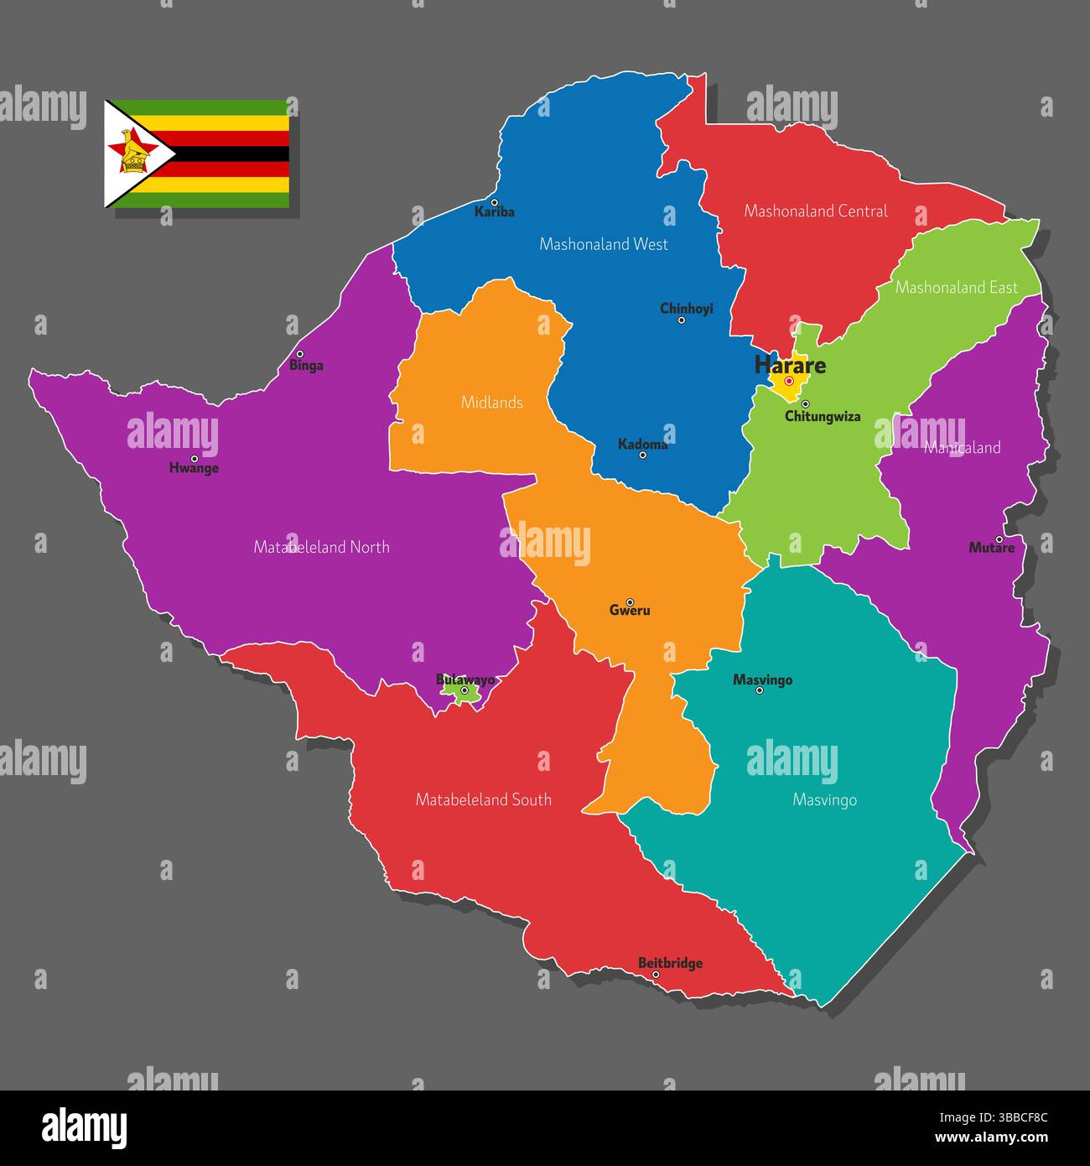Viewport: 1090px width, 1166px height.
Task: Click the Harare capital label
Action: coord(790,365)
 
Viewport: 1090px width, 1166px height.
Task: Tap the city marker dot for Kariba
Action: coord(494,202)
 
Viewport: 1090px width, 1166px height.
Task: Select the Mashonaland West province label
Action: coord(604,244)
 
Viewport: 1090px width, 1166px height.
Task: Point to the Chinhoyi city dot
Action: coord(681,320)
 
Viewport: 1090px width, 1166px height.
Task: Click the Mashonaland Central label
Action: coord(816,211)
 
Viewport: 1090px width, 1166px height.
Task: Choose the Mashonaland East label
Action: coord(957,288)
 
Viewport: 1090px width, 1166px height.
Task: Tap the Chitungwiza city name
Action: coord(823,417)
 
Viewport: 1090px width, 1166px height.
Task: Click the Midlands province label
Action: coord(492,403)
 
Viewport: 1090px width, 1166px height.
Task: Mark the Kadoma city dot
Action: coord(642,455)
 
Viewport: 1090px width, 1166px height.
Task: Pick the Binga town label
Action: coord(306,366)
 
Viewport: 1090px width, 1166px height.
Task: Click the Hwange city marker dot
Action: coord(194,459)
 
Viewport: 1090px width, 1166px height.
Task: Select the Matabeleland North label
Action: coord(322,547)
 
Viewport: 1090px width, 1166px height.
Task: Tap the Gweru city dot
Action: coord(630,601)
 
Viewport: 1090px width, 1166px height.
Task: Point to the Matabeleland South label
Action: coord(484,799)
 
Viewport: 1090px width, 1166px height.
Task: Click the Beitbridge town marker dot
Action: coord(656,975)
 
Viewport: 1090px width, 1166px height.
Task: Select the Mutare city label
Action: coord(991,549)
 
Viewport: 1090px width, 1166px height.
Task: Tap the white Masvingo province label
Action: coord(825,800)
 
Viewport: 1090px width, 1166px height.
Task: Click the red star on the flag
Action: coord(132,152)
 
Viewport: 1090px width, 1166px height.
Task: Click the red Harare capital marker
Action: coord(789,381)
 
